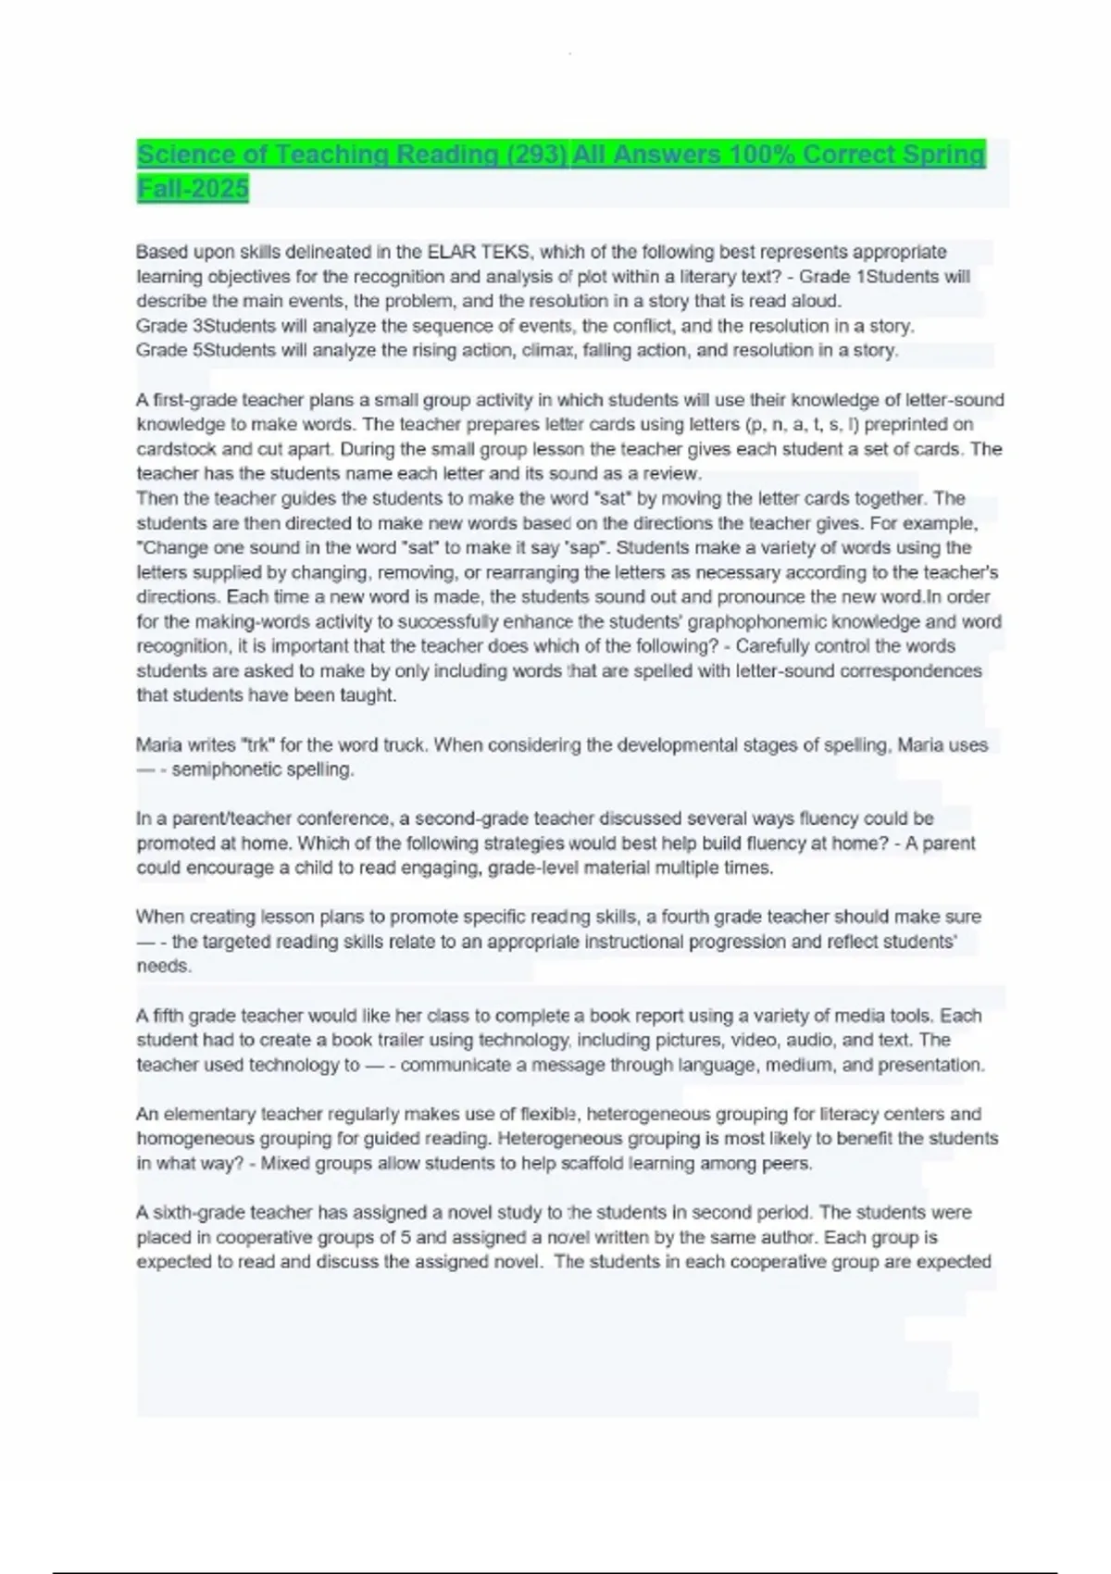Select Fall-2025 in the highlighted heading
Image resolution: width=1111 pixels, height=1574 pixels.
click(x=193, y=189)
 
